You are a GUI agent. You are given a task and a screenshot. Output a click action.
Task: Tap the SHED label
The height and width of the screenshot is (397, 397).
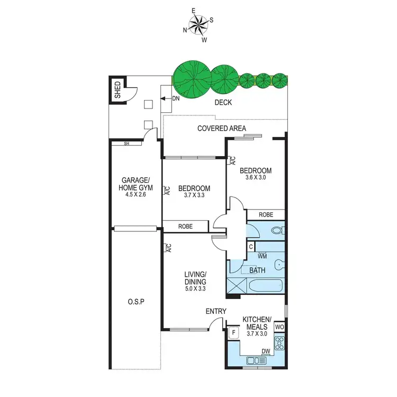click(x=118, y=90)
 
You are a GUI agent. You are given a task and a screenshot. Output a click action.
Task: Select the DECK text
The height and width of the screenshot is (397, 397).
click(x=223, y=102)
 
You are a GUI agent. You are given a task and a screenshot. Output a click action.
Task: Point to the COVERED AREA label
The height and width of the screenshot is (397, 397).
click(x=220, y=128)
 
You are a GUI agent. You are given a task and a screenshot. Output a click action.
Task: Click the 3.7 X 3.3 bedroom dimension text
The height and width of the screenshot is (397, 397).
click(x=194, y=196)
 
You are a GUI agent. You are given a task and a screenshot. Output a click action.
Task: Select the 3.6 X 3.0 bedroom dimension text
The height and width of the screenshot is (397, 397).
click(x=256, y=178)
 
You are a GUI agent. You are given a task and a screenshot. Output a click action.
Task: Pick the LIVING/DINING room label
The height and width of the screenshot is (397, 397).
click(x=195, y=277)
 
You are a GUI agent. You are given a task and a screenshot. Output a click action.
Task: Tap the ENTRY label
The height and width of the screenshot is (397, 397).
click(x=216, y=311)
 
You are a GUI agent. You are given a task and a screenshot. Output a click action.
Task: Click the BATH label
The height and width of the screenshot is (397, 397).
click(x=257, y=270)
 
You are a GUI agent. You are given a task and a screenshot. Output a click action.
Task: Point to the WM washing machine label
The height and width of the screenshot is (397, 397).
click(x=261, y=256)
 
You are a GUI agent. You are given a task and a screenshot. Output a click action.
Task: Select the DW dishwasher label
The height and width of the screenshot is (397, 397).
click(x=266, y=350)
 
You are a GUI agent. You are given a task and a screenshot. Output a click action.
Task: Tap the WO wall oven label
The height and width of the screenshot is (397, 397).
click(x=280, y=327)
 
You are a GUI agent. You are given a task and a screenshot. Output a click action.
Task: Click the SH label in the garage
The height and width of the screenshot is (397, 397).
click(x=127, y=143)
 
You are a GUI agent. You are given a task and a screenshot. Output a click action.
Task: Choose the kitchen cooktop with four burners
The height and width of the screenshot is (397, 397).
click(x=280, y=345)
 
